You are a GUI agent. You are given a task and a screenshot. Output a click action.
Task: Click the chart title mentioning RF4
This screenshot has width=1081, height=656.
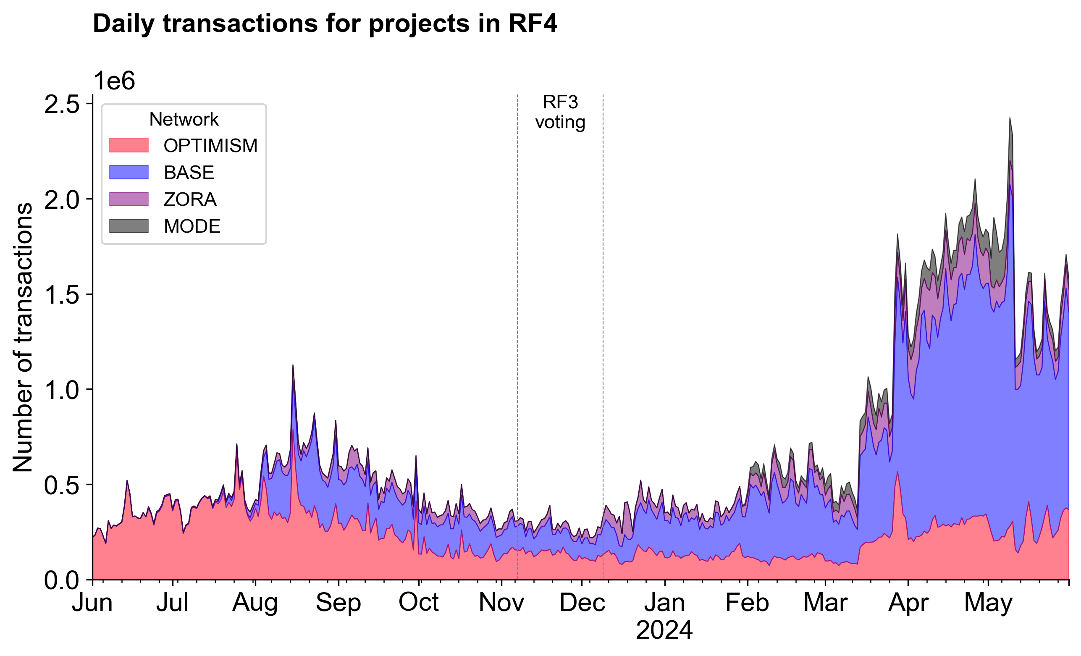tap(325, 24)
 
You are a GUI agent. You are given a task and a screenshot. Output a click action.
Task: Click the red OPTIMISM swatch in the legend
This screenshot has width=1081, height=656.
tap(129, 145)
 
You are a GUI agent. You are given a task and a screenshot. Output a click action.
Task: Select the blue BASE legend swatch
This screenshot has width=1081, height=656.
tap(129, 172)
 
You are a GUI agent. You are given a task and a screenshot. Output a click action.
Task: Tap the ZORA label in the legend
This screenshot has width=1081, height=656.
tap(190, 199)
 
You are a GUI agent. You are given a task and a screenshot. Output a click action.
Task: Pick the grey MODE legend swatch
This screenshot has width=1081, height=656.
tap(129, 226)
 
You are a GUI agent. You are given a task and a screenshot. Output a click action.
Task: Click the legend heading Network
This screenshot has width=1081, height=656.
tap(184, 119)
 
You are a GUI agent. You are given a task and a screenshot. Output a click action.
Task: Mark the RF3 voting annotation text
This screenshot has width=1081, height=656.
tap(560, 112)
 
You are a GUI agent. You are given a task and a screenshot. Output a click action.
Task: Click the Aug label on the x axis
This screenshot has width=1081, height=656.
tap(255, 603)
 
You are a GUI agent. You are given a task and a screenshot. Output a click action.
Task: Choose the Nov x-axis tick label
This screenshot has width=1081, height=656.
tap(501, 603)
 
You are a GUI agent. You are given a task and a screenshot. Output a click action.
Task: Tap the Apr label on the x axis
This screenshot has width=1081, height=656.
tap(908, 603)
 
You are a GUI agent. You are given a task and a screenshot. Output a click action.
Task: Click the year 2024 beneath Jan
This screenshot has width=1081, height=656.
tap(664, 630)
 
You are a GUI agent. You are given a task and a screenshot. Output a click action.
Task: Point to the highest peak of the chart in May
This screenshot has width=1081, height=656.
tap(1010, 118)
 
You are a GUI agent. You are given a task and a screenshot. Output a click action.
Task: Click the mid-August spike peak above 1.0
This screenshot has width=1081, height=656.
tap(293, 365)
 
